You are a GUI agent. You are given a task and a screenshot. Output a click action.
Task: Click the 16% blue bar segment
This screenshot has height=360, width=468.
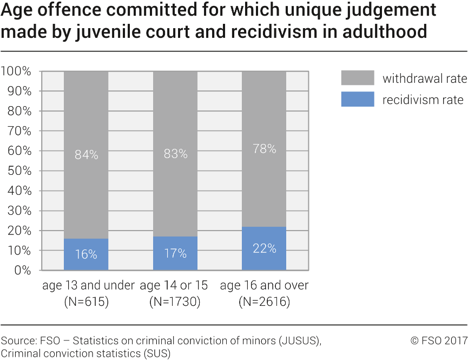[86, 254]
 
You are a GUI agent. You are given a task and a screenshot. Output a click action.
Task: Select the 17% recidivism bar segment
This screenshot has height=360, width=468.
[175, 253]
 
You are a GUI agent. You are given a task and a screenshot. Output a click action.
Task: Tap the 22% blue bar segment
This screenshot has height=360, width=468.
[264, 248]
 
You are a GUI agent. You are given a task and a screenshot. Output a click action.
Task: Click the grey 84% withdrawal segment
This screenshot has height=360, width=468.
[86, 155]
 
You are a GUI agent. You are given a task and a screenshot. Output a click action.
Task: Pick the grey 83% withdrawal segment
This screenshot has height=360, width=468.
[175, 154]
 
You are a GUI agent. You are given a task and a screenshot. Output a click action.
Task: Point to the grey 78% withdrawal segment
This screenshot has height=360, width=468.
[264, 149]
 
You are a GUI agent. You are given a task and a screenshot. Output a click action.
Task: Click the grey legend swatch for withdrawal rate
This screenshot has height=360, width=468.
[357, 78]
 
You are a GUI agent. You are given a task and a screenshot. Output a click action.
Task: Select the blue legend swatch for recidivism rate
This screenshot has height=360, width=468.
[357, 100]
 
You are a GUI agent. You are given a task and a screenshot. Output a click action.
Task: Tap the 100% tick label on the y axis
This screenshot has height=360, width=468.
[16, 71]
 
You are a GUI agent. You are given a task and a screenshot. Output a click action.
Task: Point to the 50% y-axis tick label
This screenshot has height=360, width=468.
[19, 171]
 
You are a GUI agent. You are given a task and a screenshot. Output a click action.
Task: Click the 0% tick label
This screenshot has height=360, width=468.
[22, 270]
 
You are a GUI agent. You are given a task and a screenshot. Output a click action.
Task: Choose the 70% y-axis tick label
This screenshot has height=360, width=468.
[19, 131]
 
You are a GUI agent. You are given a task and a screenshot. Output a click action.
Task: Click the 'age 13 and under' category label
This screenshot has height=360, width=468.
[88, 286]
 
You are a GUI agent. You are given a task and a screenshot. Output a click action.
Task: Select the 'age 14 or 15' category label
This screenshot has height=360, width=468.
[175, 286]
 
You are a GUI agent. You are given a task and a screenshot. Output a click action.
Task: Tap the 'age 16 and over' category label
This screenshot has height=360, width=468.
[264, 286]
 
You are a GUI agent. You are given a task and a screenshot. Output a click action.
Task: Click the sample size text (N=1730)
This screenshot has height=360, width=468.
[175, 302]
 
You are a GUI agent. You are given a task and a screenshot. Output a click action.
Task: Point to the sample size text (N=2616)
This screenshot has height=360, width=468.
[264, 302]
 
